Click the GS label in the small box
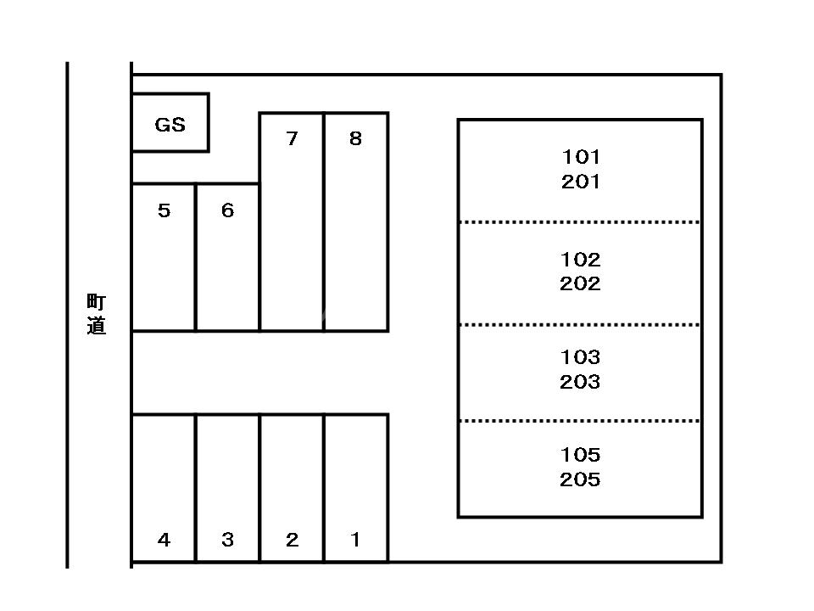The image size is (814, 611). click(170, 125)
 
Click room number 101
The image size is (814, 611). click(580, 157)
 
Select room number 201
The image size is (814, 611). click(580, 182)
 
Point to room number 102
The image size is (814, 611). click(580, 259)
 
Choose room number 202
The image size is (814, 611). click(580, 283)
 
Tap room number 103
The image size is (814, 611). click(580, 357)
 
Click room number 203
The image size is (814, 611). click(580, 382)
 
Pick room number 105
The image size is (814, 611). click(580, 455)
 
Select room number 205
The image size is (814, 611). click(580, 479)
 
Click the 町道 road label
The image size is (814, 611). click(97, 314)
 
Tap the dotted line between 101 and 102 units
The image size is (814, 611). click(580, 222)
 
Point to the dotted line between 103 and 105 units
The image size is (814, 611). click(580, 421)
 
